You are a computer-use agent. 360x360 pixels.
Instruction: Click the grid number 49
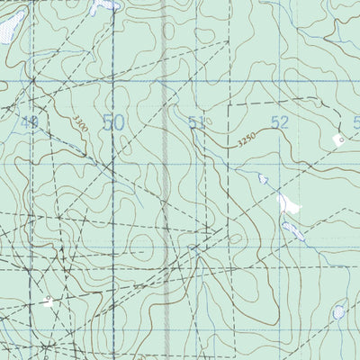pos(31,122)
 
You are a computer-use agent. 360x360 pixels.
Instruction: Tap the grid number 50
pos(113,122)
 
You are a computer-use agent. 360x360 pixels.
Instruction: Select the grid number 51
pos(197,122)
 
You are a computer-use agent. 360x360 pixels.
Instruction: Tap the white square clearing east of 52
pos(339,139)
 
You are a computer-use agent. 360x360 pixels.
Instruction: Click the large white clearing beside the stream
pos(289,204)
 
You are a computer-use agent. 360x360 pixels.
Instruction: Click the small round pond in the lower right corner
pos(338,312)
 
